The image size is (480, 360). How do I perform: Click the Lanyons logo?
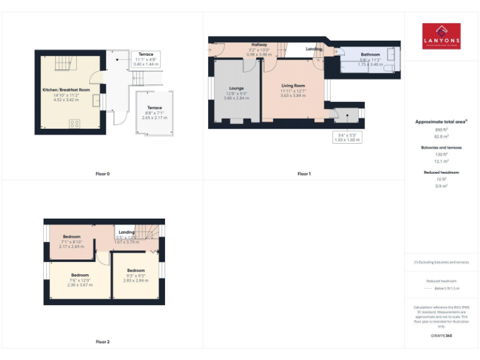point(441,36)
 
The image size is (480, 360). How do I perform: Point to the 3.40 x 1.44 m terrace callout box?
point(146,59)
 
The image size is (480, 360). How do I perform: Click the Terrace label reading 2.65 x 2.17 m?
point(154,112)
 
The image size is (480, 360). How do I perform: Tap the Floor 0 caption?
point(102,173)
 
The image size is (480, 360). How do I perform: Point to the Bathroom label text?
point(370,55)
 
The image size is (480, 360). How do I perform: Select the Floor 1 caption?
point(304,173)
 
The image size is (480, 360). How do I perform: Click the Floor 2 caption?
point(102,342)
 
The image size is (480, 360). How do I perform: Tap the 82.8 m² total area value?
point(441,136)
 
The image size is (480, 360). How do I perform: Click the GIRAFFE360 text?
point(441,336)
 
